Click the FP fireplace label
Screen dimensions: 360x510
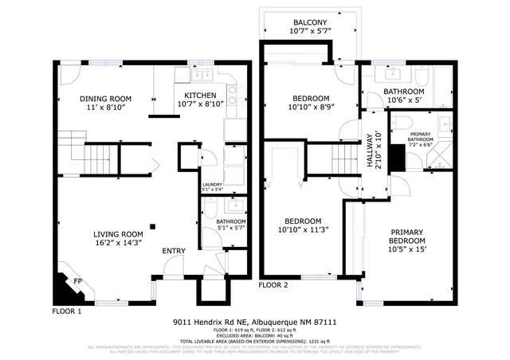click(78, 281)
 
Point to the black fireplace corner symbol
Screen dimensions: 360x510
click(62, 284)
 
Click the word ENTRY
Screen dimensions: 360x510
click(174, 252)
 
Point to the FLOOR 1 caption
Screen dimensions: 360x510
click(67, 310)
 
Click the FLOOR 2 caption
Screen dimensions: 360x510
click(273, 284)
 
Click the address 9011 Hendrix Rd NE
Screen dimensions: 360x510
click(212, 323)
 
